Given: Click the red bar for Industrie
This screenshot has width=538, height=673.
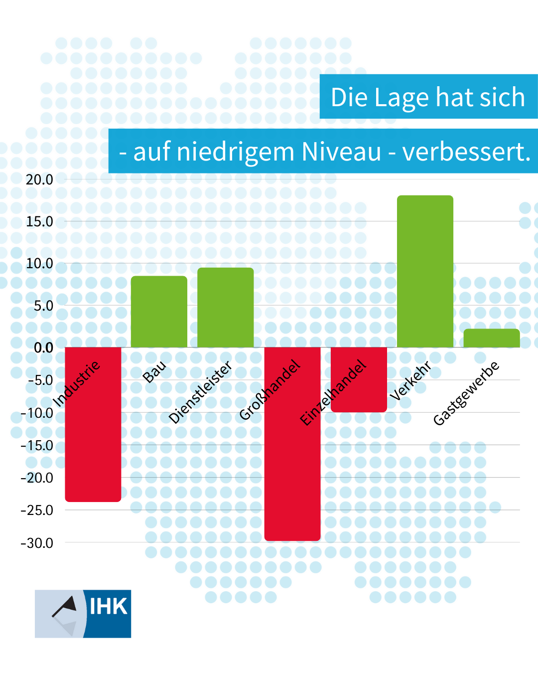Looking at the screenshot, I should tap(93, 439).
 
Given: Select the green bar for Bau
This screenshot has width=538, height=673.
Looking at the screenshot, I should tap(159, 312).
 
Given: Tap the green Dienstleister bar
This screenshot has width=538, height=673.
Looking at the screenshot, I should tap(225, 308).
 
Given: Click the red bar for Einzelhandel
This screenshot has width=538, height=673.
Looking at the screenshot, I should tap(359, 394).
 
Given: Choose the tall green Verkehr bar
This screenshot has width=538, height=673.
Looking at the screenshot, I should tap(425, 271).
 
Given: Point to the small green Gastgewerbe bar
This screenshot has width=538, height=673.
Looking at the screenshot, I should tap(492, 338).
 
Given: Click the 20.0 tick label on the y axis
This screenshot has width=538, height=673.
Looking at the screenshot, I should tap(39, 179).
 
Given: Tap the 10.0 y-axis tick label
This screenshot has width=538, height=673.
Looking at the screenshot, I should tap(39, 263).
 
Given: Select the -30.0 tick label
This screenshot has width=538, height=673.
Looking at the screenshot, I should tap(37, 543).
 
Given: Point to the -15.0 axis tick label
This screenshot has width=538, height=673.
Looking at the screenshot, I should tap(37, 446).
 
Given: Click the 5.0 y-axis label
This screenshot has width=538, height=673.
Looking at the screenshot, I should tap(43, 306).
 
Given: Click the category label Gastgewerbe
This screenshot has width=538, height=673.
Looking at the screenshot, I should tap(466, 393).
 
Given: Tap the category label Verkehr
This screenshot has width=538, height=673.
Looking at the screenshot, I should tap(410, 381).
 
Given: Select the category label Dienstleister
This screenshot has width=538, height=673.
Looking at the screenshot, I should tap(200, 392).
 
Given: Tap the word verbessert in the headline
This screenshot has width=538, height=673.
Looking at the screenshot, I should tap(465, 152).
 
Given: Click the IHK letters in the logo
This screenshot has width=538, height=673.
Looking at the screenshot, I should tap(108, 606).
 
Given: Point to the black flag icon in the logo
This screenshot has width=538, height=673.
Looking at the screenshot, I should tap(66, 605).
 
